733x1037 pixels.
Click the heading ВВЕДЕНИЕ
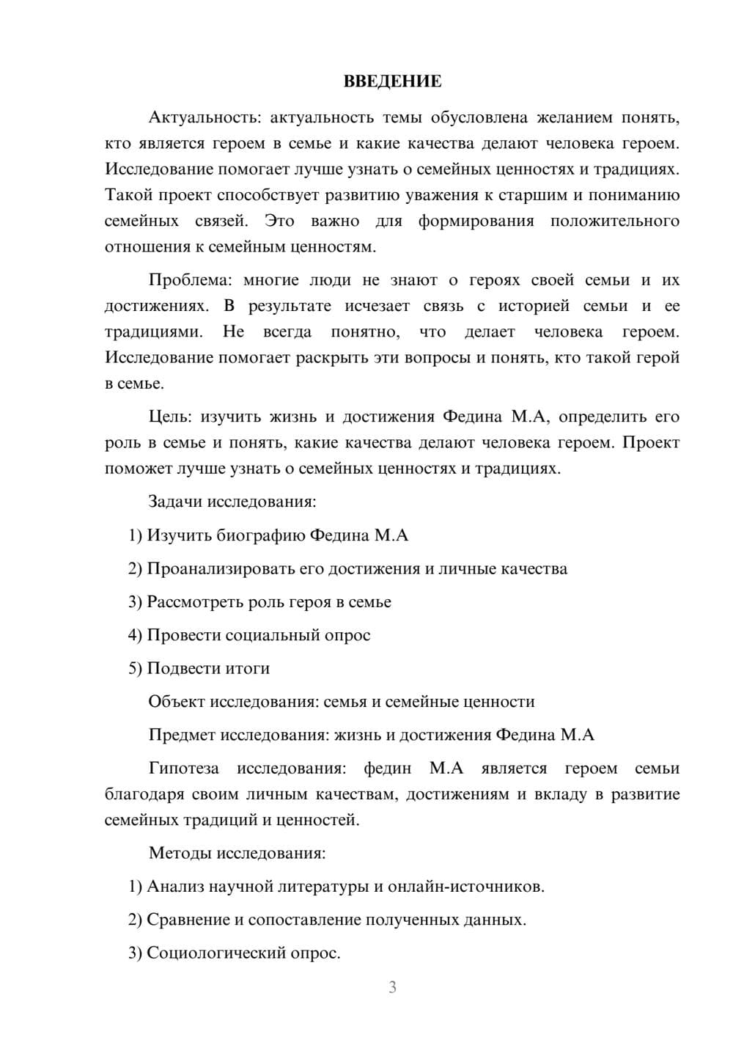point(392,81)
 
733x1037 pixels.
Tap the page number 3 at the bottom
point(392,987)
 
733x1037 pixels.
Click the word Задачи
point(176,502)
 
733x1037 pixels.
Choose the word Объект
point(177,702)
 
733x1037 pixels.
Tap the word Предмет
point(182,736)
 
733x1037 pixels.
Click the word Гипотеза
point(183,769)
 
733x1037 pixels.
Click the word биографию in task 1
point(261,535)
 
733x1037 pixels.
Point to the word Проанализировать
point(221,569)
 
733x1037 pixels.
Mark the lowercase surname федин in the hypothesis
point(388,769)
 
